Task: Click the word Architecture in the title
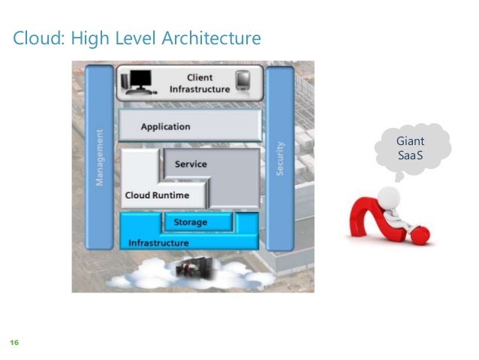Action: [213, 38]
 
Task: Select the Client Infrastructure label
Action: [199, 83]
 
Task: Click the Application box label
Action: [165, 127]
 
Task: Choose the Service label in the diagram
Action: [190, 164]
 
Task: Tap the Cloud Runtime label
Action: [156, 195]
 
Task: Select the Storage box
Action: [190, 222]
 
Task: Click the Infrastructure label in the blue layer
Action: [158, 243]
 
